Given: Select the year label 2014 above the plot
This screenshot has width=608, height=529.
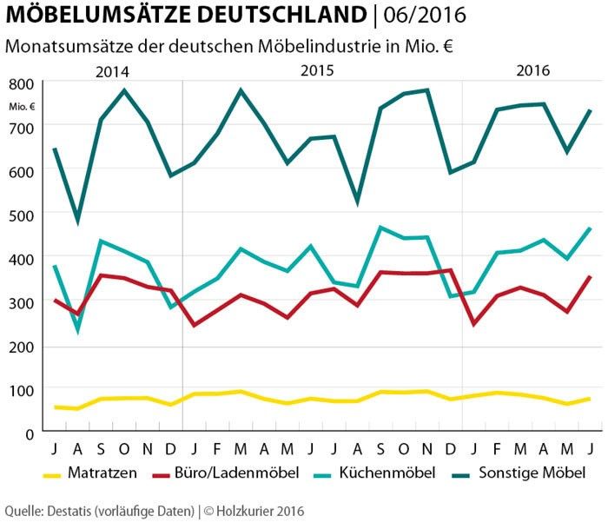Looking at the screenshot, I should [x=114, y=72].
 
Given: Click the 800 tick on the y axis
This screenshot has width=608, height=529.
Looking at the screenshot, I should [x=23, y=84].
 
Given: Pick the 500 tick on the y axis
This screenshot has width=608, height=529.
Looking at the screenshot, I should [x=23, y=215].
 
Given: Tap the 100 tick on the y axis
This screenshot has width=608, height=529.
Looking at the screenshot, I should [x=23, y=390].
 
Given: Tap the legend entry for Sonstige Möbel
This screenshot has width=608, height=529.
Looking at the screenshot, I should [x=536, y=473].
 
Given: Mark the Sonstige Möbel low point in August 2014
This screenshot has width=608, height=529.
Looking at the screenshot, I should [x=78, y=220].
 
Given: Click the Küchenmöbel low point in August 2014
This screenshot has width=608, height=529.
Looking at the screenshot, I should [x=78, y=330].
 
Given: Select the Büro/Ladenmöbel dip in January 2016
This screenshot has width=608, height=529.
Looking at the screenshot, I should [x=473, y=324].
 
